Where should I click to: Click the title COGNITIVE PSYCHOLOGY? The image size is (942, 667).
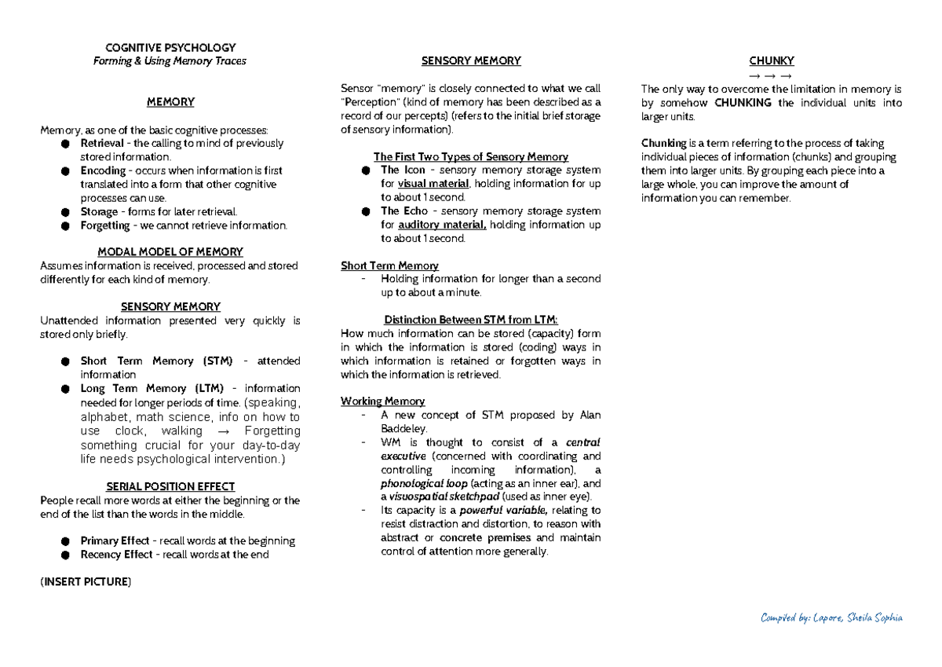click(170, 48)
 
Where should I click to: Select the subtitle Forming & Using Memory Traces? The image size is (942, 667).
click(170, 61)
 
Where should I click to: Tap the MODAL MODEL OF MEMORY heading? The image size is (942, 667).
click(170, 252)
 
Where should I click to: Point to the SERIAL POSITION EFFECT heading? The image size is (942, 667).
click(170, 487)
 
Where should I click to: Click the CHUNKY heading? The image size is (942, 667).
click(772, 61)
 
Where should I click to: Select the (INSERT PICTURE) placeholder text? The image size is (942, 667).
click(86, 582)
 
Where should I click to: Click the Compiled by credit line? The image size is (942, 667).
click(831, 618)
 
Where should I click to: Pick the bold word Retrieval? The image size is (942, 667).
click(102, 144)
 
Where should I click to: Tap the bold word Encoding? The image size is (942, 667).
click(103, 170)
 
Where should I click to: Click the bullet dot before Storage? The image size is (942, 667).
click(65, 212)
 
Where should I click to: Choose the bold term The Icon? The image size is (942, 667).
click(403, 170)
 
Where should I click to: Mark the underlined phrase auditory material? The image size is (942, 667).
click(443, 225)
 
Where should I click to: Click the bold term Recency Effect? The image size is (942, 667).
click(117, 555)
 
